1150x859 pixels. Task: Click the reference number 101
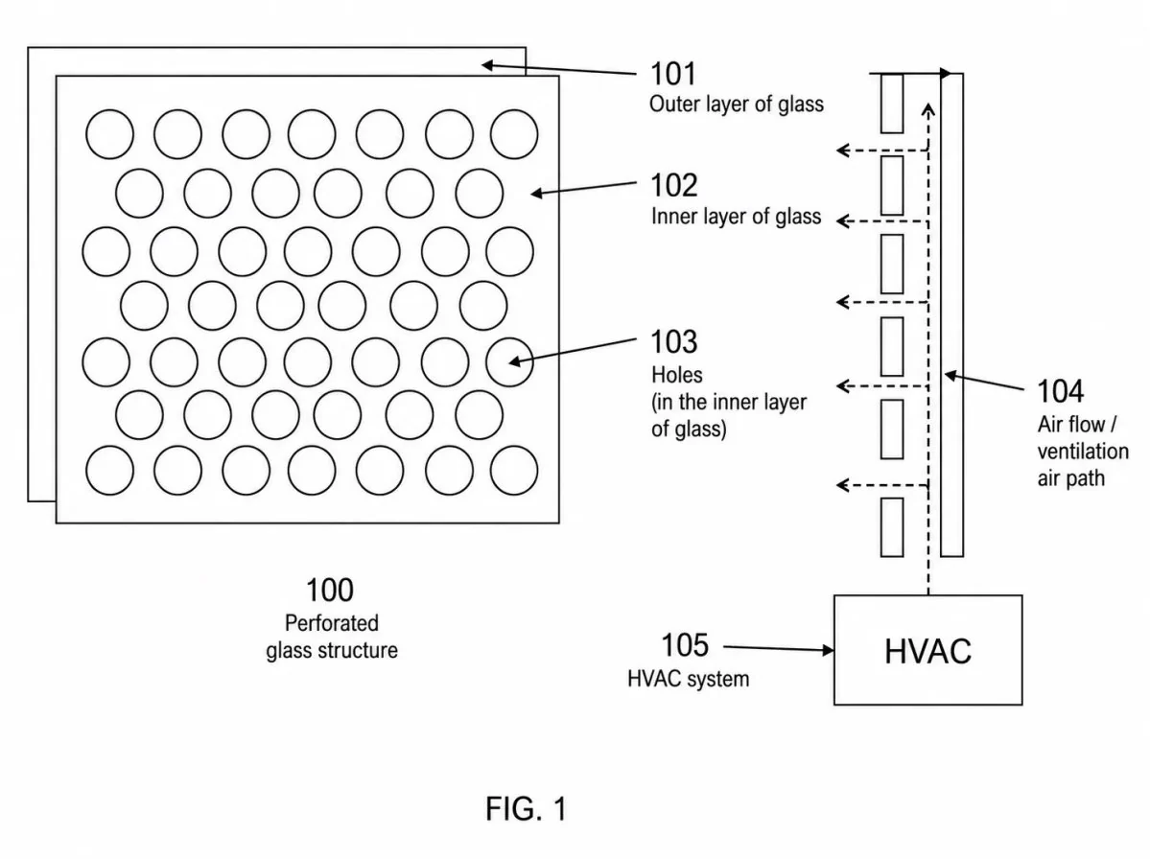672,74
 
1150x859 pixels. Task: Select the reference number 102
673,185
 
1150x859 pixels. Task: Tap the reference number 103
674,341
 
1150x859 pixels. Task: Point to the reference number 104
1060,391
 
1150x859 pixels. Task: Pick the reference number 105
685,645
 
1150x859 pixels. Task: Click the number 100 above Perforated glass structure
329,590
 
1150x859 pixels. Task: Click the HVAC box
927,650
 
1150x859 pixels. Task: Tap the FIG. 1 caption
526,809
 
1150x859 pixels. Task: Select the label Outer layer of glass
737,104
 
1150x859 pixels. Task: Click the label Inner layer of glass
737,217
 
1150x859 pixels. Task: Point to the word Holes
677,375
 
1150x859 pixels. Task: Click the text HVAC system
688,679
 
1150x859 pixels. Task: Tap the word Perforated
332,623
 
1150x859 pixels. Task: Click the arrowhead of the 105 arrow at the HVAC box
829,649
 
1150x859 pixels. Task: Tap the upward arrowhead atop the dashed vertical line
928,110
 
